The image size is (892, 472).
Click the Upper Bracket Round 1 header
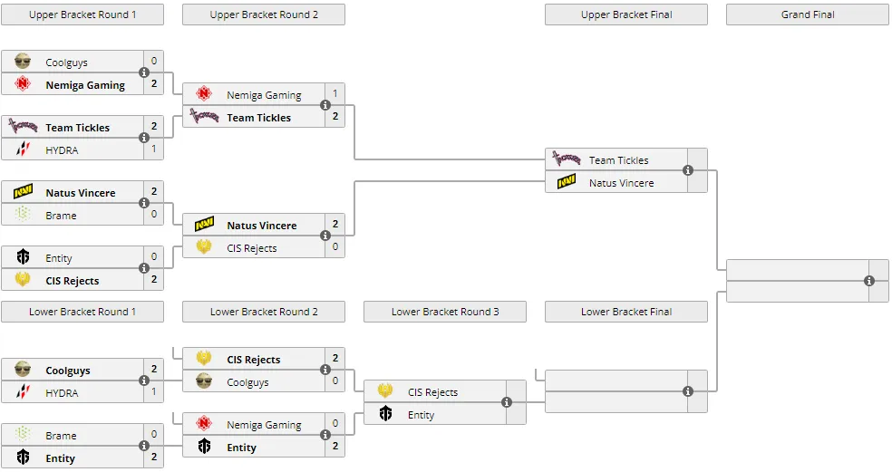tap(82, 14)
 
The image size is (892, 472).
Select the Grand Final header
tap(807, 14)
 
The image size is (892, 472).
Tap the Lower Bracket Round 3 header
tap(445, 312)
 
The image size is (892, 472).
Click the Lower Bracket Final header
tap(626, 312)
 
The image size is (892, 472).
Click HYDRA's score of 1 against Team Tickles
tap(153, 149)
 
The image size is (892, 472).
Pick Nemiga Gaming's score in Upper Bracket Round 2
tap(335, 94)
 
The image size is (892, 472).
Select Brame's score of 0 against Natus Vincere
tap(153, 215)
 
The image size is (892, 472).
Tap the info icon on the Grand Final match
tap(869, 281)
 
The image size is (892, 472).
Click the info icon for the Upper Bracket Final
tap(688, 170)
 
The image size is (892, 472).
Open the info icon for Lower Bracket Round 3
tap(507, 402)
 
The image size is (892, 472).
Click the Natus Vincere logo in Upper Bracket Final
tap(567, 182)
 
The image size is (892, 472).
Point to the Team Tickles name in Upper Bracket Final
tap(618, 160)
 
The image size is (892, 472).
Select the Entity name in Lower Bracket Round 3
tap(421, 415)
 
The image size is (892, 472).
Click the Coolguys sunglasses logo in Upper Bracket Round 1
tap(23, 62)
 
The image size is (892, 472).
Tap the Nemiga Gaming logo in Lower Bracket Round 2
tap(204, 424)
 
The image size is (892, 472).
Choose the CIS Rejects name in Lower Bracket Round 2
tap(253, 360)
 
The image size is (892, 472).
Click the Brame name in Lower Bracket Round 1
tap(61, 436)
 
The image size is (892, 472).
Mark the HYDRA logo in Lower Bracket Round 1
tap(23, 391)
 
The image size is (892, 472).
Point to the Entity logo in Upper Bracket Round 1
tap(23, 257)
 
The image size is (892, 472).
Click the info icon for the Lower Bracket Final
tap(688, 391)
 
